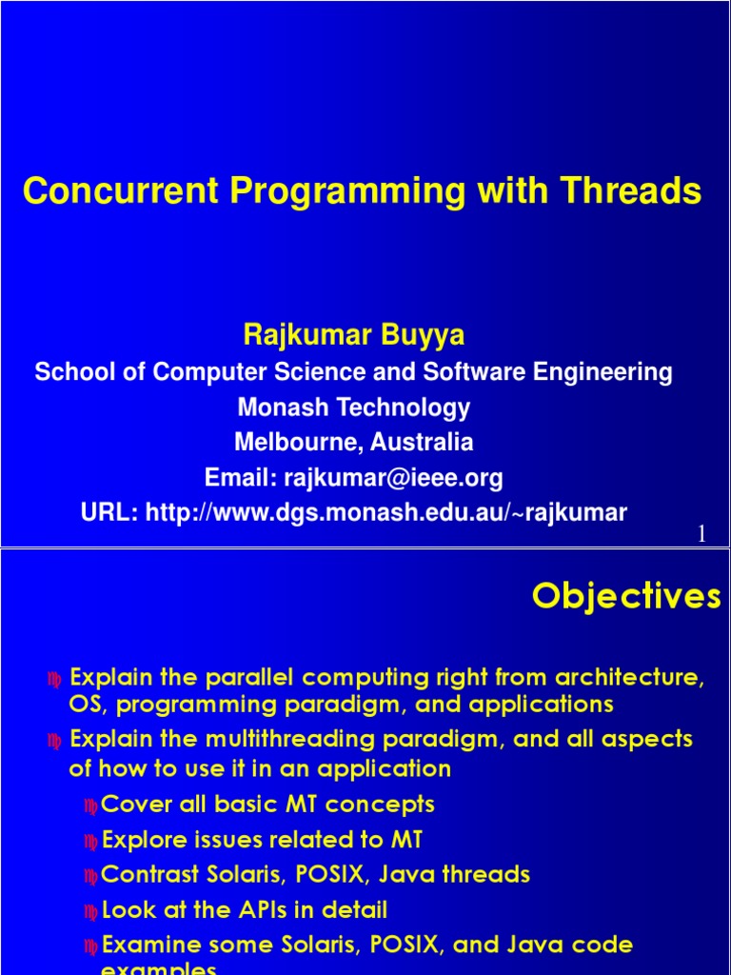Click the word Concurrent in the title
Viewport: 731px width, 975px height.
[121, 191]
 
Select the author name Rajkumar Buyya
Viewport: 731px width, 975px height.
[354, 334]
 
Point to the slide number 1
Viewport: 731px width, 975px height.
[701, 535]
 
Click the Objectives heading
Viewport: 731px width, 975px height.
[625, 596]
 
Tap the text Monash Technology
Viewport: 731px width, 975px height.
[354, 408]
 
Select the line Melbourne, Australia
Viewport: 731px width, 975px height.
[354, 442]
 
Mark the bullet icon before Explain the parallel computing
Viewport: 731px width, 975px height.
[54, 679]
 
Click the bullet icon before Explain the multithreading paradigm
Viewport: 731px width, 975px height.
[54, 741]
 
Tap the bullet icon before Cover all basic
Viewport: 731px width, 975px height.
[91, 806]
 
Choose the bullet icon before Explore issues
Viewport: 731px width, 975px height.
[91, 842]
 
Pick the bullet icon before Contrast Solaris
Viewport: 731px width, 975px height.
[91, 876]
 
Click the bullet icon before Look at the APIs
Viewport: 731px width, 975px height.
[91, 911]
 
